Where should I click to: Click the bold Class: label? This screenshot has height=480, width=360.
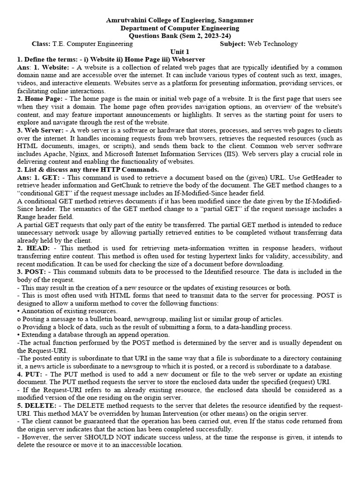(41, 44)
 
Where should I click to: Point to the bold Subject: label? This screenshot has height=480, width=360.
(233, 44)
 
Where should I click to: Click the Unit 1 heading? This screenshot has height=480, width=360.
(180, 52)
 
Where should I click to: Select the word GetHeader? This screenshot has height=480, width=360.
(312, 178)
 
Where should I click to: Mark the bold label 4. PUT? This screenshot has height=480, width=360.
(30, 375)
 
